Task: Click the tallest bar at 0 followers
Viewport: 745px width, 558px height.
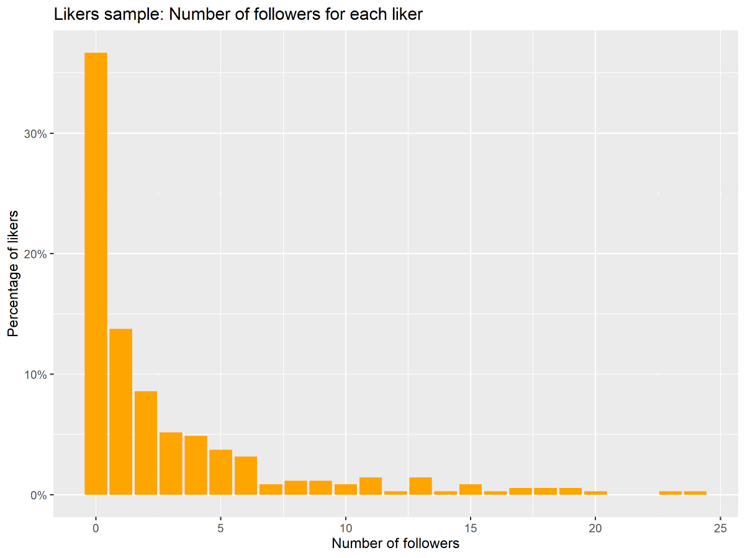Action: tap(96, 273)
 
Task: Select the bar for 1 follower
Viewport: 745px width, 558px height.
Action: tap(120, 412)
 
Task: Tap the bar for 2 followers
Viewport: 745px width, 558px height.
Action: tap(146, 443)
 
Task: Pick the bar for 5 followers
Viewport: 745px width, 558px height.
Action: tap(220, 472)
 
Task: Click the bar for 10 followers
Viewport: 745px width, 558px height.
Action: tap(346, 489)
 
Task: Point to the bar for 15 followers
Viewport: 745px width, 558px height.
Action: tap(471, 489)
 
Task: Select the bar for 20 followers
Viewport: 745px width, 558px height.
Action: tap(595, 493)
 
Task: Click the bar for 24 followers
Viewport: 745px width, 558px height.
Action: tap(695, 493)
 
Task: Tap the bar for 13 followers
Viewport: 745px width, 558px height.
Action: tap(420, 486)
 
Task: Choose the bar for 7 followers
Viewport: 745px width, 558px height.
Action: tap(271, 489)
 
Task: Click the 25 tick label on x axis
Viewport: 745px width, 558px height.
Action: tap(720, 528)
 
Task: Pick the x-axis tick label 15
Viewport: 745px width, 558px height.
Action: tap(471, 528)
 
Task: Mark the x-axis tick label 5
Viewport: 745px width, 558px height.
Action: tap(220, 528)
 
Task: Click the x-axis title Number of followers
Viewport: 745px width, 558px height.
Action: tap(395, 544)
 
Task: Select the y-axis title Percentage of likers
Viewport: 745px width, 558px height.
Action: tap(13, 273)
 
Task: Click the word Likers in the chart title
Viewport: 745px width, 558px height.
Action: tap(74, 14)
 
